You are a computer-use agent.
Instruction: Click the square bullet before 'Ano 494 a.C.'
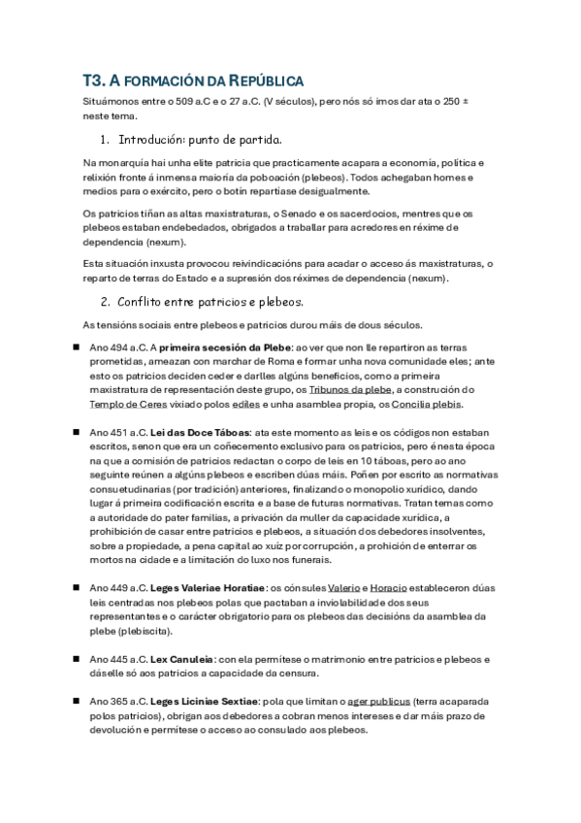75,346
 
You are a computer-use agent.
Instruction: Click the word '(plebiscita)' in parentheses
145,631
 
